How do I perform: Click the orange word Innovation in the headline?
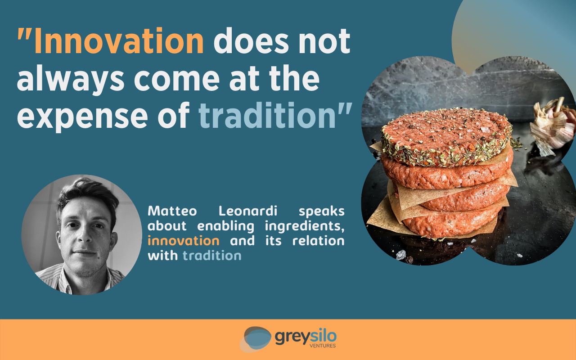pos(119,40)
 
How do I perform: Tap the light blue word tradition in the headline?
pos(267,115)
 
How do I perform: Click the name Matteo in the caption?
pos(172,211)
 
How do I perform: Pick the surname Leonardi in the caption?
pos(248,211)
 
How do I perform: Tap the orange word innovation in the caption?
pos(183,241)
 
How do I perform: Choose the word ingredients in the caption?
pos(305,226)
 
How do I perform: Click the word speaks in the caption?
pos(321,212)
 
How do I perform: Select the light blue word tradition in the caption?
pos(212,256)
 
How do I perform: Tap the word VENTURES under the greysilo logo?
pos(323,346)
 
